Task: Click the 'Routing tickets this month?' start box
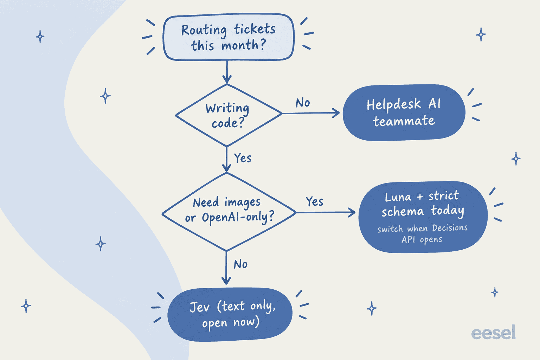coord(229,37)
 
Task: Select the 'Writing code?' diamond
coord(228,115)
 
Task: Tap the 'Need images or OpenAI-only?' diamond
coord(229,212)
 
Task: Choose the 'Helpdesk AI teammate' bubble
coord(404,112)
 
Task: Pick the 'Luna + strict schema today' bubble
coord(423,217)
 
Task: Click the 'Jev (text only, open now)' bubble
coord(230,314)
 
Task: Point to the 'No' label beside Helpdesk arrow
coord(303,103)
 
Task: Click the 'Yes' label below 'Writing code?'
coord(243,158)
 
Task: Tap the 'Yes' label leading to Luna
coord(314,201)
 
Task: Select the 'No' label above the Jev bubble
coord(240,264)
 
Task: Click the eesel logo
coord(493,332)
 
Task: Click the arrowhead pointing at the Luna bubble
coord(352,212)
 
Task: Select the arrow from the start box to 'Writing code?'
coord(227,72)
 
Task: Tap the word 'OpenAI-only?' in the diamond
coord(238,218)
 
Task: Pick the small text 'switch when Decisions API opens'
coord(422,234)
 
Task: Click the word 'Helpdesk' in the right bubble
coord(394,105)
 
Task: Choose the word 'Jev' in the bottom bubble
coord(200,307)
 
